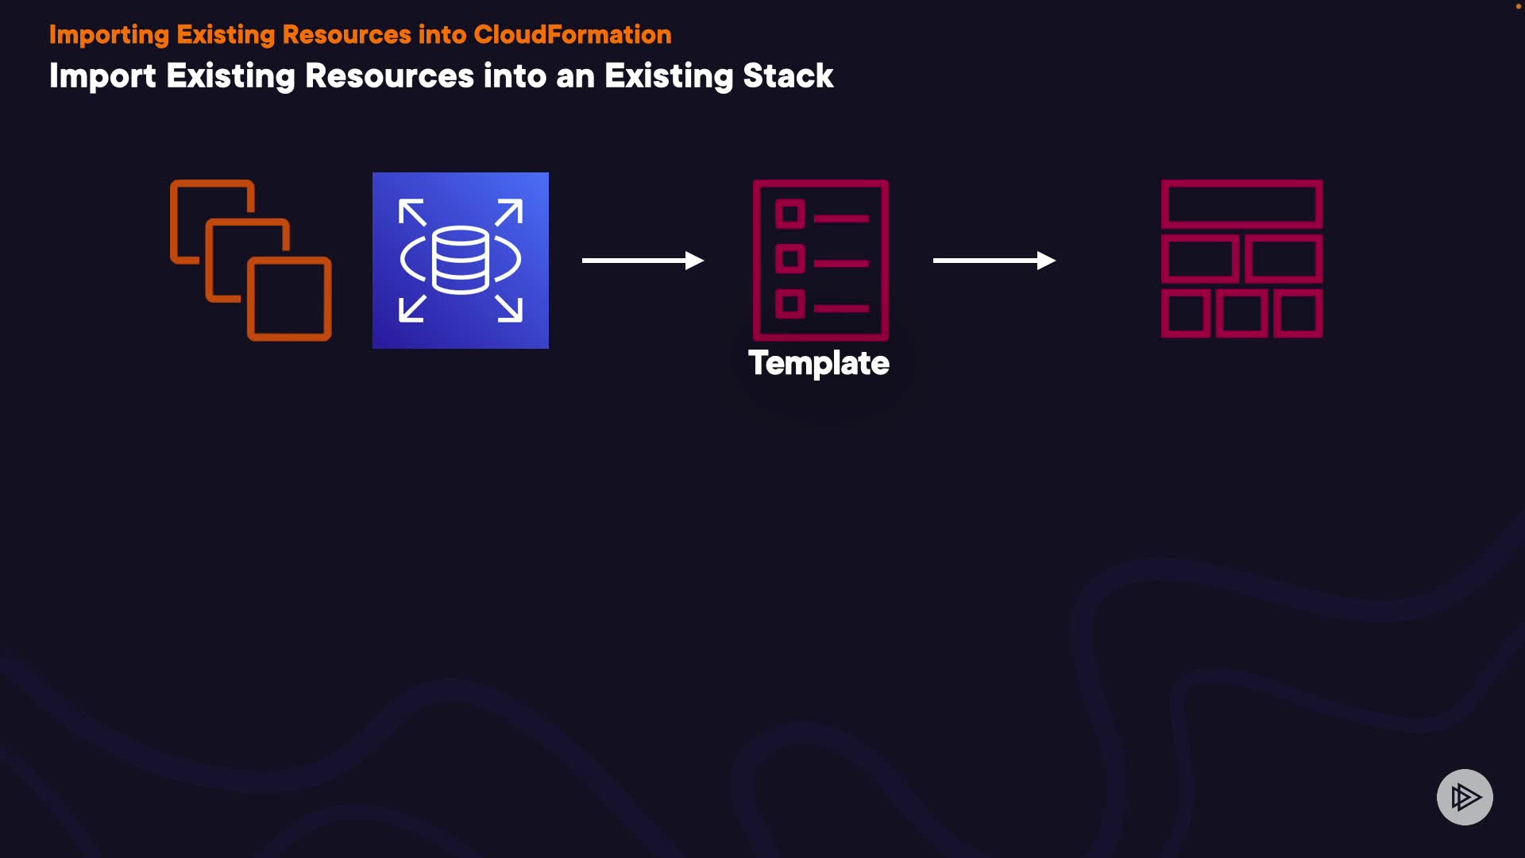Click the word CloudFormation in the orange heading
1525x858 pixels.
point(572,35)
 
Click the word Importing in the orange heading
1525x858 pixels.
point(109,35)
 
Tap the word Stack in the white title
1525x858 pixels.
point(787,76)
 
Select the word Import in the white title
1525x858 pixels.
point(102,76)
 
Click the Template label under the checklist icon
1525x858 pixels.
point(819,363)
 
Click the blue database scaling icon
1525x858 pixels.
point(461,261)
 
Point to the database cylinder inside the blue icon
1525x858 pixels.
point(461,259)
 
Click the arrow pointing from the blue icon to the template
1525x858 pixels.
point(643,261)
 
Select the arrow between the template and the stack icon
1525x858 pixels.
point(994,261)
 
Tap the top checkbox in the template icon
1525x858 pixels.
point(790,214)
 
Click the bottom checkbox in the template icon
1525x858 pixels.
point(790,303)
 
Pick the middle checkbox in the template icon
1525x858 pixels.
point(790,258)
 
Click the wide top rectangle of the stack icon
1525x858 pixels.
point(1241,204)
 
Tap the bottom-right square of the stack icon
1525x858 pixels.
point(1298,313)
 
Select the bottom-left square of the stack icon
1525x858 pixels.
point(1185,313)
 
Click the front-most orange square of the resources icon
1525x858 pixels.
point(289,299)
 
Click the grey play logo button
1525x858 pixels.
point(1465,797)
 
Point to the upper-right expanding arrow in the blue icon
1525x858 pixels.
point(509,212)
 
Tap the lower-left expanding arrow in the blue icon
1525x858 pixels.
point(411,308)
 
